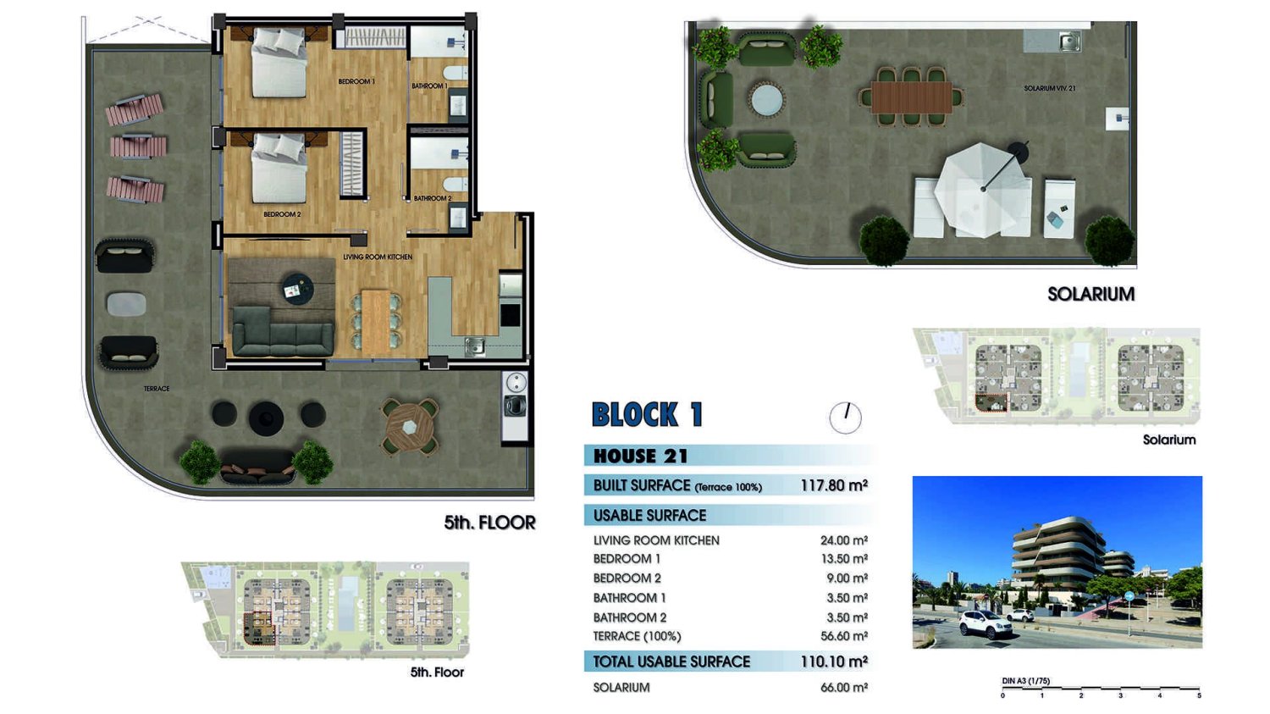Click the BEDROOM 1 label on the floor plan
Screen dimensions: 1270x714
(x=356, y=81)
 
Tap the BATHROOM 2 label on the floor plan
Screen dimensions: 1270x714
(x=433, y=198)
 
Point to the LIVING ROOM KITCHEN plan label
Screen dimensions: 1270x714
(x=378, y=257)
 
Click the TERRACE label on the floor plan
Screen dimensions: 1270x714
(x=157, y=389)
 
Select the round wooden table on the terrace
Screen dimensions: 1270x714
(x=409, y=427)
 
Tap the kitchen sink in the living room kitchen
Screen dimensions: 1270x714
(x=474, y=346)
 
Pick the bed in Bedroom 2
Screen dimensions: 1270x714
(x=279, y=168)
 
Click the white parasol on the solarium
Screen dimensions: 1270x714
(x=983, y=190)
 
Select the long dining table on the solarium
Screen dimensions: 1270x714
(x=912, y=97)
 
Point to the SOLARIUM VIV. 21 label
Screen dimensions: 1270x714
(x=1050, y=88)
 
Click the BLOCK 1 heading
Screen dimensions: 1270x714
(x=648, y=414)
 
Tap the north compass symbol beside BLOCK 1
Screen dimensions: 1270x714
(x=845, y=418)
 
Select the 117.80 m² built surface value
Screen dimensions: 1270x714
(x=834, y=485)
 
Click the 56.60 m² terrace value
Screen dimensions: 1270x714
(x=844, y=636)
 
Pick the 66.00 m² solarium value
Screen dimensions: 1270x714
(x=844, y=688)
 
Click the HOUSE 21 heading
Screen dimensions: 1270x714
(x=641, y=456)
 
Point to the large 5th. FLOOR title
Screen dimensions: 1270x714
(x=490, y=523)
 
